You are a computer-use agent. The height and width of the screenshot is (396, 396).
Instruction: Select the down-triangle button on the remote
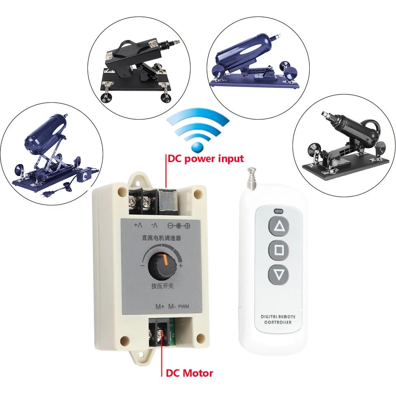click(x=279, y=275)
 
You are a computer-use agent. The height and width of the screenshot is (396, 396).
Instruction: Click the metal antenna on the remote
click(x=251, y=179)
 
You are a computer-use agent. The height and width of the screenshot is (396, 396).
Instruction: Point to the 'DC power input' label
click(x=206, y=159)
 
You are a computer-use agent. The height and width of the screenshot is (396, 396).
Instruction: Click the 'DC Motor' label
click(x=189, y=373)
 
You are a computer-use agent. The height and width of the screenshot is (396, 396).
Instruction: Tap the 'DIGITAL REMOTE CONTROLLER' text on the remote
click(x=278, y=319)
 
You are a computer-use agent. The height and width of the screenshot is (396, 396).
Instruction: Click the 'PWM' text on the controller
click(x=184, y=306)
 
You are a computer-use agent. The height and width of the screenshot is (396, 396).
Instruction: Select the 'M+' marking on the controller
click(x=160, y=306)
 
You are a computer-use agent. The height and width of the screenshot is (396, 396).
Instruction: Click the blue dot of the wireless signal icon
click(x=198, y=147)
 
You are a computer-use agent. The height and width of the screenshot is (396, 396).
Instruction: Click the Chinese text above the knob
click(x=161, y=238)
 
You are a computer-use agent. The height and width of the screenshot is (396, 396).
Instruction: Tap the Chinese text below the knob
click(x=163, y=286)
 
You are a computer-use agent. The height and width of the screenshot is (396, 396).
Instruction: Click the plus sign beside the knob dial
click(x=181, y=266)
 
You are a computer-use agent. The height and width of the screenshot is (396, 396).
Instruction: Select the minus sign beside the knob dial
click(x=142, y=266)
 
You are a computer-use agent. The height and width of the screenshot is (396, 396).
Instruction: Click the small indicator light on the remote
click(x=278, y=210)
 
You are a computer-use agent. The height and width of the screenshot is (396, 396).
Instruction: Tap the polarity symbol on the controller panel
click(x=179, y=226)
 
